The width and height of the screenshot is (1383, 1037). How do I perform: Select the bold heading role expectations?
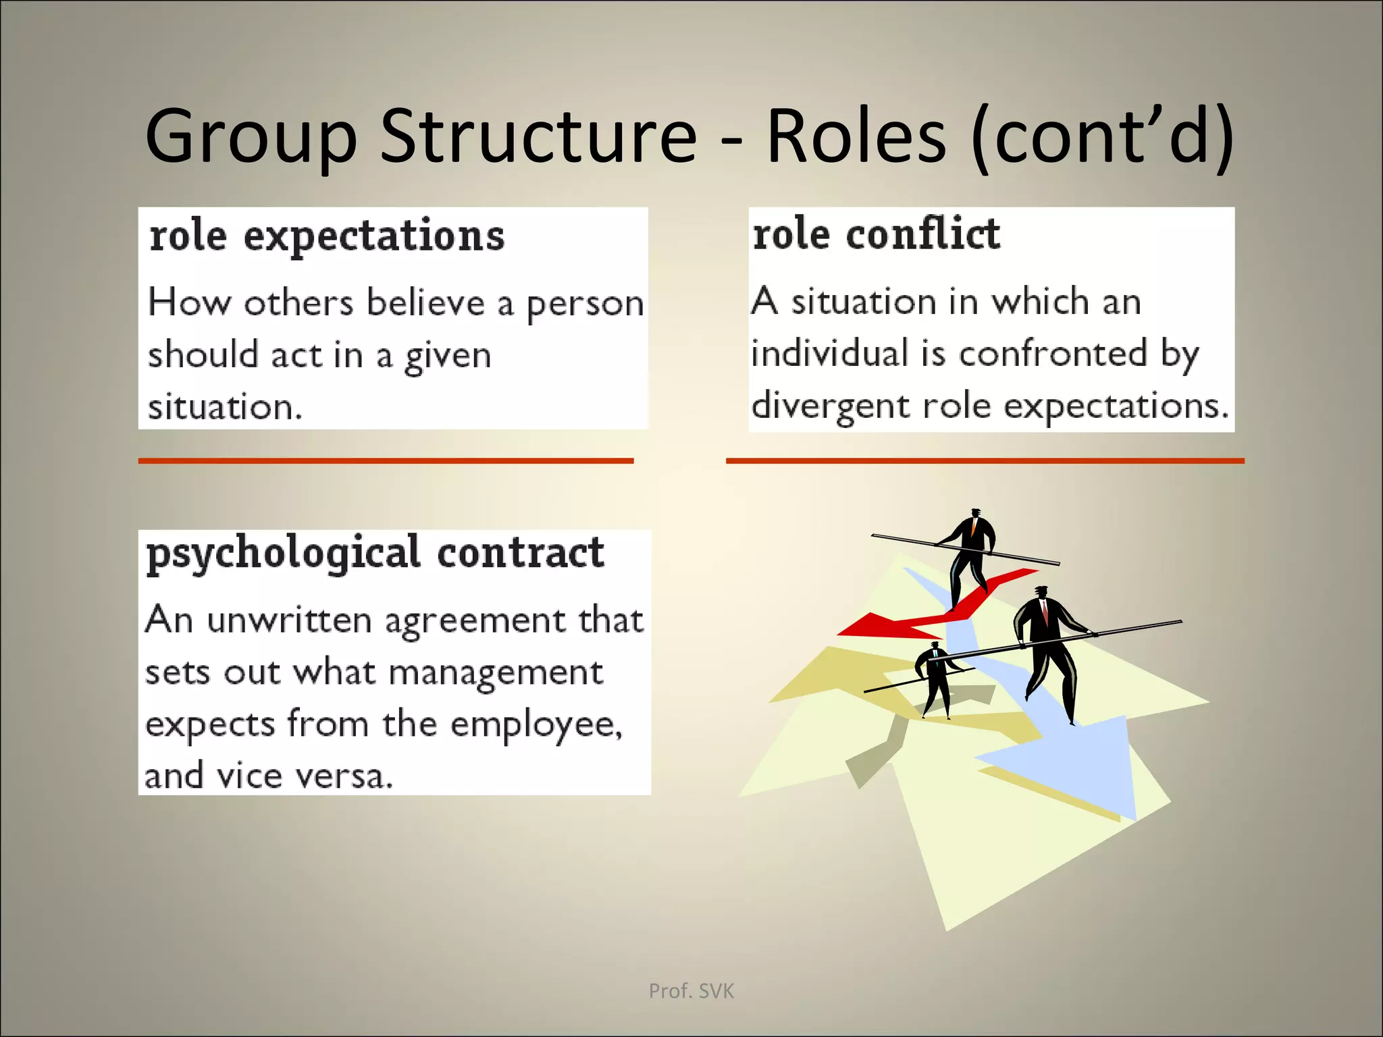pos(327,236)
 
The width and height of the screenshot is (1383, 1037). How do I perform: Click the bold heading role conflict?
pos(876,234)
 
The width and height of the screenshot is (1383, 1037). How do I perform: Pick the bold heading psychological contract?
pos(375,554)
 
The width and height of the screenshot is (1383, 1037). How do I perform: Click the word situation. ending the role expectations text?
pos(225,407)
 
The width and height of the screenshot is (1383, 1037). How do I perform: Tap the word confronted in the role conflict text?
pos(1053,353)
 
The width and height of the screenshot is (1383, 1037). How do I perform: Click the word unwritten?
pos(289,620)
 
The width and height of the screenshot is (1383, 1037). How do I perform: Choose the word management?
pos(496,672)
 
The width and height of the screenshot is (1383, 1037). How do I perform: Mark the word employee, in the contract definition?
pos(536,724)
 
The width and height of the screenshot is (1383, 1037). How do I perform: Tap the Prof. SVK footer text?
pos(691,991)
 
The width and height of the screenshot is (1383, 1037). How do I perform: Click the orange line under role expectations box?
pos(386,460)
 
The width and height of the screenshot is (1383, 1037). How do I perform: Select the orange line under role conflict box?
pos(985,460)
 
